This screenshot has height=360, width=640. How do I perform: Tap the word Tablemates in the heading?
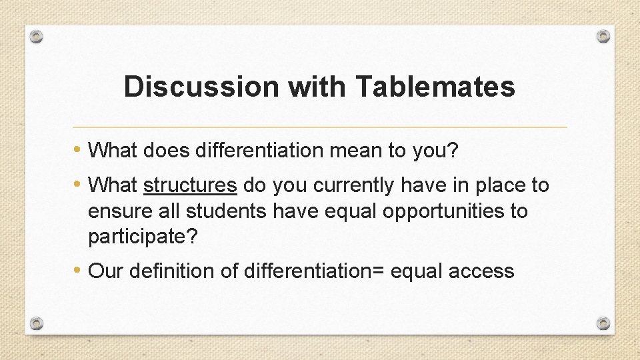[435, 87]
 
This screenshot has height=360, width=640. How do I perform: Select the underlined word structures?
[190, 185]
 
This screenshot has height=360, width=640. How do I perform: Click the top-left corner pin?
[37, 36]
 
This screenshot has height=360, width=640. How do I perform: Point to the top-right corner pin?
[603, 36]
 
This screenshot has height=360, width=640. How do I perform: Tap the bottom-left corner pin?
[37, 324]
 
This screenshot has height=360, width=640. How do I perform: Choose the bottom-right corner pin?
[603, 324]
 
